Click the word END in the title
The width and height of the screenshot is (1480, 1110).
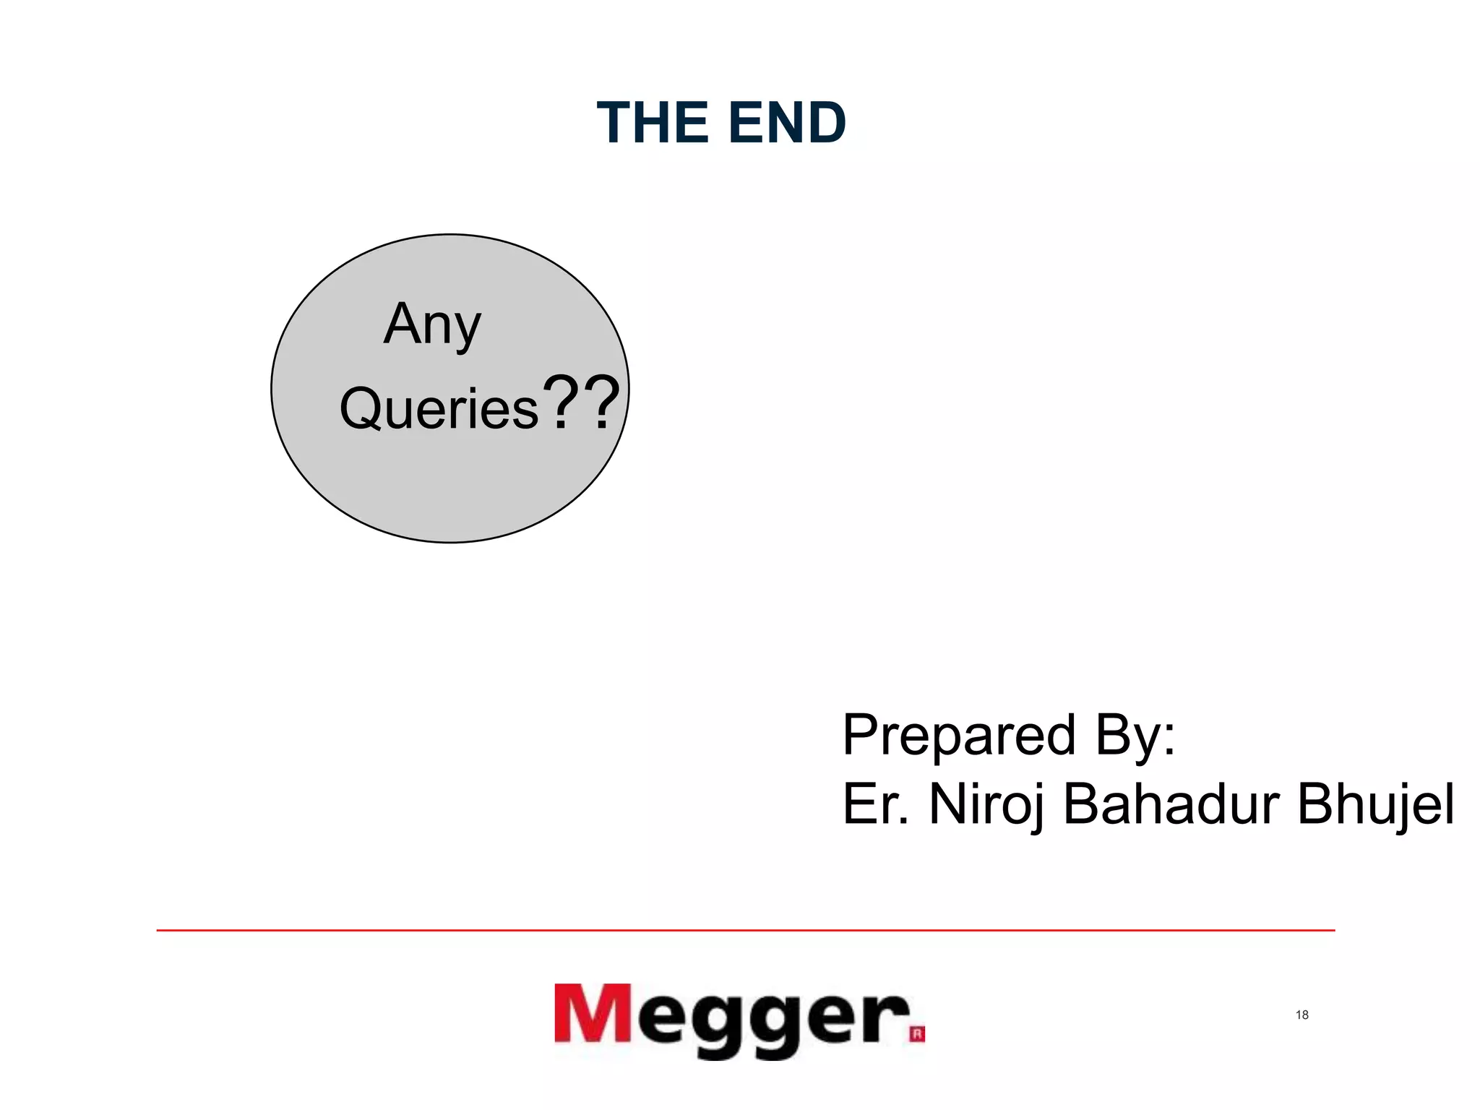pyautogui.click(x=787, y=123)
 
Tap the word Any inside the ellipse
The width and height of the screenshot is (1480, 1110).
pyautogui.click(x=432, y=324)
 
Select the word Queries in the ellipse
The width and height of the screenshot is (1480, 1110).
pyautogui.click(x=439, y=409)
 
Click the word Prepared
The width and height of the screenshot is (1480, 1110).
pyautogui.click(x=959, y=736)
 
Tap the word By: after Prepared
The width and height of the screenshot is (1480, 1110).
pyautogui.click(x=1135, y=736)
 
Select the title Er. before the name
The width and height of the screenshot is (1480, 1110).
pyautogui.click(x=875, y=804)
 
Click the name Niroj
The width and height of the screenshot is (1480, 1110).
pyautogui.click(x=986, y=805)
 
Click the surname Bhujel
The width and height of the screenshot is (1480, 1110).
pyautogui.click(x=1375, y=805)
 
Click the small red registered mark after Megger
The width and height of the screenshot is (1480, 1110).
pyautogui.click(x=917, y=1035)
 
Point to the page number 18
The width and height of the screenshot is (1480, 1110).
pyautogui.click(x=1302, y=1015)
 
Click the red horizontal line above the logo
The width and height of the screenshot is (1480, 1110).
pyautogui.click(x=744, y=931)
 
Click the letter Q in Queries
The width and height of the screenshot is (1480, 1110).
pyautogui.click(x=361, y=409)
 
